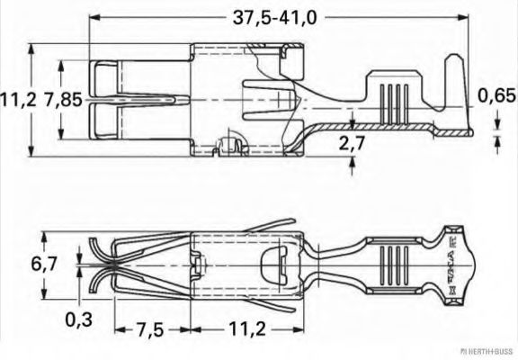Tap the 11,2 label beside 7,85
tap(19, 99)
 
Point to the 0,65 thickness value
tap(496, 94)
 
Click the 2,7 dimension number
tap(352, 142)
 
